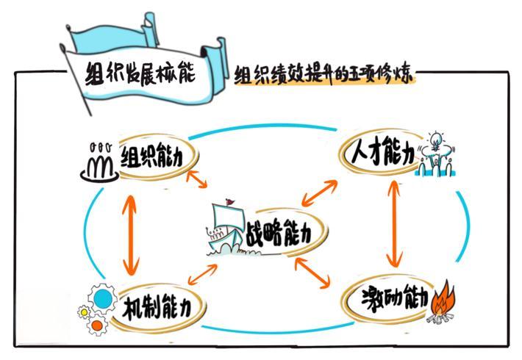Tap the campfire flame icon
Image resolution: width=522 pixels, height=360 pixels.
coord(443,300)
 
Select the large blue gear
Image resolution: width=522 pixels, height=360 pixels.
coord(104,298)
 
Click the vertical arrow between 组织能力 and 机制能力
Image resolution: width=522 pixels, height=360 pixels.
coord(132,234)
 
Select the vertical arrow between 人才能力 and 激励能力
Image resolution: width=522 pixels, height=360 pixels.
coord(395,223)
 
